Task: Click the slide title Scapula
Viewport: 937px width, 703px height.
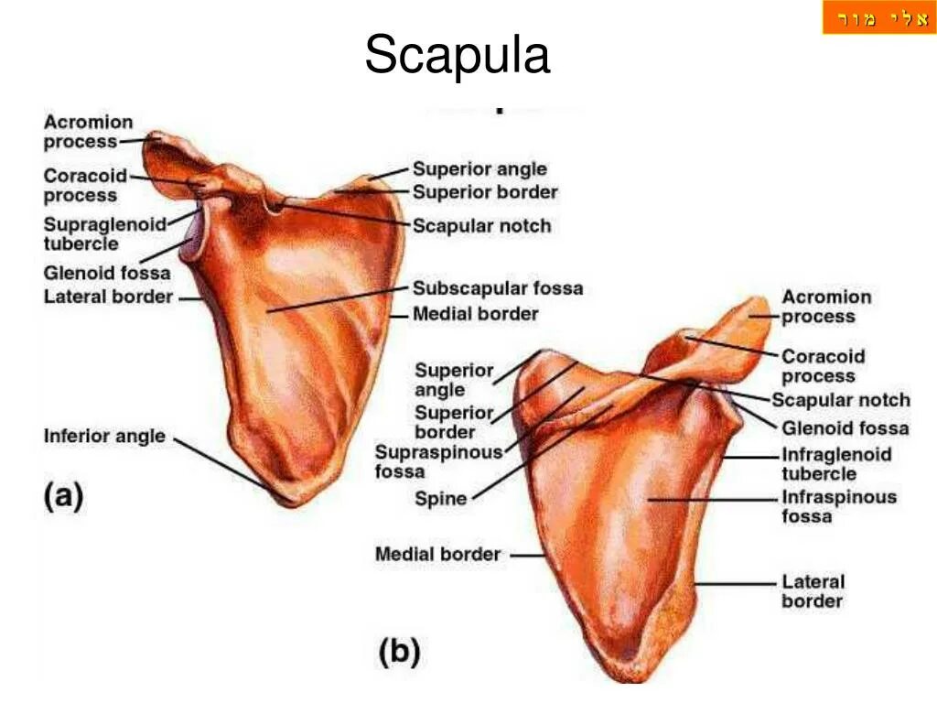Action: coord(458,55)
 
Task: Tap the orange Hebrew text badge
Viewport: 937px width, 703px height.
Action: coord(878,18)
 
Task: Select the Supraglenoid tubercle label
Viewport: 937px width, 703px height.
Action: coord(104,233)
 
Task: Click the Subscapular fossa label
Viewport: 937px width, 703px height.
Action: coord(497,288)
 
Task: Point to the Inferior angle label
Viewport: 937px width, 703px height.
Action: coord(104,436)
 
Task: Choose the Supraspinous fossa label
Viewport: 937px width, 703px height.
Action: coord(439,461)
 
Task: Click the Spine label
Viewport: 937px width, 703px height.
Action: coord(441,499)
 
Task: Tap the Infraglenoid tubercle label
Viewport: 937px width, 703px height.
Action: coord(835,464)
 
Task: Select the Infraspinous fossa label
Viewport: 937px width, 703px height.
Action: coord(838,506)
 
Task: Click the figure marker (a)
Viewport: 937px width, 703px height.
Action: coord(64,497)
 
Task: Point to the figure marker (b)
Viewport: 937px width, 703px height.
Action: coord(400,653)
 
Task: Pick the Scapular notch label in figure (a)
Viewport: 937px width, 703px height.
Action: coord(481,226)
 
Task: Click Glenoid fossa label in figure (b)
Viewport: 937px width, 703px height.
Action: coord(845,427)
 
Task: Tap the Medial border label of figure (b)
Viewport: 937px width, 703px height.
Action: coord(437,554)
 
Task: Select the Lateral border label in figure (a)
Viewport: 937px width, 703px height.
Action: coord(108,297)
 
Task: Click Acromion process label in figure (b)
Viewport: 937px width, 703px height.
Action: coord(825,307)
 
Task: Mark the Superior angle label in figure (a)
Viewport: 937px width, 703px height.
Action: coord(479,169)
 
